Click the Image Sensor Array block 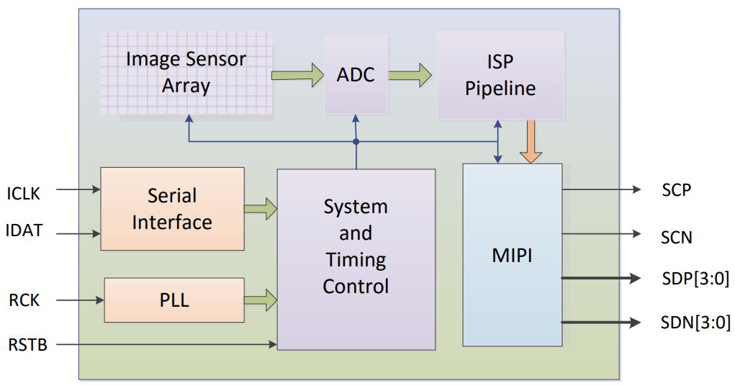pyautogui.click(x=186, y=72)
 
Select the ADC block pyautogui.click(x=356, y=75)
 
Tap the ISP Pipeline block pyautogui.click(x=500, y=76)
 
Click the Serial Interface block pyautogui.click(x=172, y=209)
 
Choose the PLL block pyautogui.click(x=174, y=300)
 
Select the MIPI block pyautogui.click(x=512, y=255)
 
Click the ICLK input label pyautogui.click(x=24, y=194)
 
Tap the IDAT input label pyautogui.click(x=24, y=231)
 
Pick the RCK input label pyautogui.click(x=23, y=300)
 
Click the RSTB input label pyautogui.click(x=28, y=345)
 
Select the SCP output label pyautogui.click(x=676, y=190)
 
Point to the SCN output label pyautogui.click(x=676, y=236)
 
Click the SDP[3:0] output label pyautogui.click(x=695, y=279)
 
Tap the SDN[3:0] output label pyautogui.click(x=695, y=322)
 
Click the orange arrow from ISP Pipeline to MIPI pyautogui.click(x=531, y=141)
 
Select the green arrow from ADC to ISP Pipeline pyautogui.click(x=410, y=75)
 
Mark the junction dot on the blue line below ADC pyautogui.click(x=356, y=142)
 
